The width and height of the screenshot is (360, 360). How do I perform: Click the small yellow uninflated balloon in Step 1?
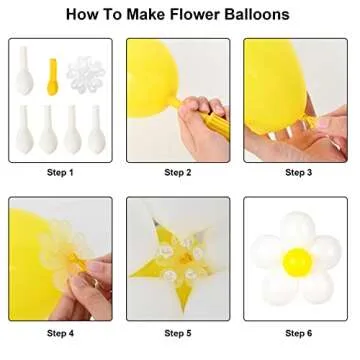(53, 71)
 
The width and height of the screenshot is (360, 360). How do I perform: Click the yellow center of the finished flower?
(296, 263)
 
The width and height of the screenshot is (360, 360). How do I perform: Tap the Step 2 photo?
(179, 99)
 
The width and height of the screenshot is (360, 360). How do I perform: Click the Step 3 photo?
(298, 99)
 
